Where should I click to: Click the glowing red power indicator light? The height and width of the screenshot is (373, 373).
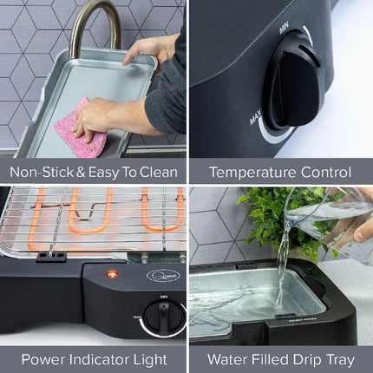pyautogui.click(x=111, y=274)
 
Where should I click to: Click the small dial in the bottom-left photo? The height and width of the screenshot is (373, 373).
pyautogui.click(x=162, y=317)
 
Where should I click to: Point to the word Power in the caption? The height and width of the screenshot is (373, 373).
pyautogui.click(x=43, y=358)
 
